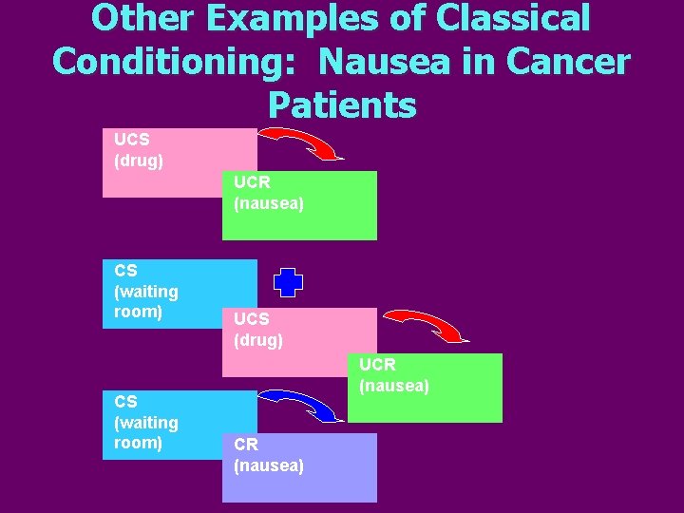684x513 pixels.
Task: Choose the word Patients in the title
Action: [342, 104]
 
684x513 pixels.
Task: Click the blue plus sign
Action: [288, 282]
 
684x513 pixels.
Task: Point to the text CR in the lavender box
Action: [246, 445]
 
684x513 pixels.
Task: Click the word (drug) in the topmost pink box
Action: [139, 161]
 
